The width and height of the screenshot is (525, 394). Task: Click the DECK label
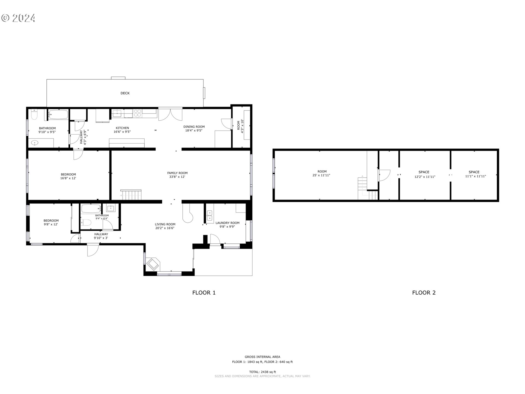(x=125, y=93)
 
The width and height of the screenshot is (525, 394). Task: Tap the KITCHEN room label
(x=122, y=128)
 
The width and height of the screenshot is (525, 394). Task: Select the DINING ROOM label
(x=194, y=127)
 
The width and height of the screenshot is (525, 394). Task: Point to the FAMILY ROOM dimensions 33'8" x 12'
(x=177, y=177)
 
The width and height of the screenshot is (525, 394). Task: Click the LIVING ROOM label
(x=165, y=224)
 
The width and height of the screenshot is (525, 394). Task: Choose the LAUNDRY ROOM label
(x=227, y=223)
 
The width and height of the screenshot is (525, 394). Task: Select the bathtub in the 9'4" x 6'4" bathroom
(x=91, y=209)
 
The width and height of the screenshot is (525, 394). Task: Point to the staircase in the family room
(x=132, y=195)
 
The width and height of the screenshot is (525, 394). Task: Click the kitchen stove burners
(x=137, y=113)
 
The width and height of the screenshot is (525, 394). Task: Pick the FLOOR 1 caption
(x=204, y=293)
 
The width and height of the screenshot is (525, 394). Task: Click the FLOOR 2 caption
(x=424, y=293)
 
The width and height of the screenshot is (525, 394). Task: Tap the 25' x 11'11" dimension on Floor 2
(x=321, y=175)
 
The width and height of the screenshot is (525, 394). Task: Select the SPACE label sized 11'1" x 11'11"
(x=474, y=172)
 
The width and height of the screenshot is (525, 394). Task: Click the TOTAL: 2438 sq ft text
(x=262, y=372)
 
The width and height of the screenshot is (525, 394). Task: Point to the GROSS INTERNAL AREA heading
(x=262, y=357)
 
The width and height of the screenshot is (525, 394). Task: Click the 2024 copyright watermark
(x=18, y=18)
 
